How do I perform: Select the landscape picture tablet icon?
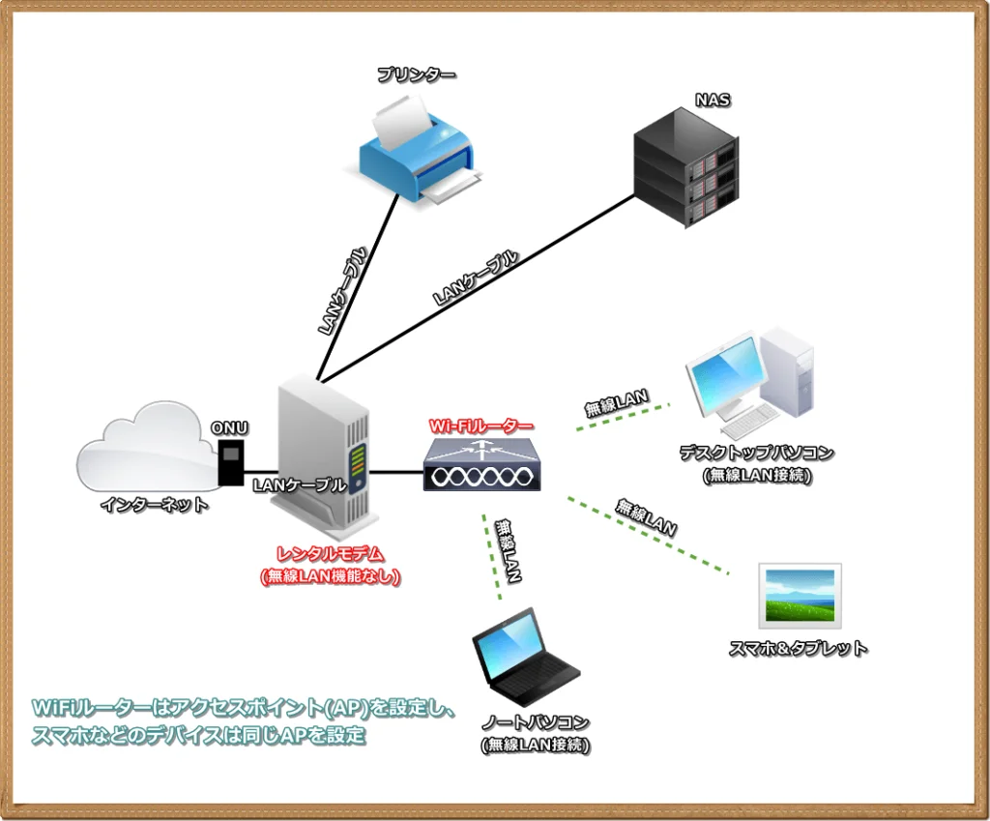click(x=800, y=596)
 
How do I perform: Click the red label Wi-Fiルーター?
click(x=480, y=425)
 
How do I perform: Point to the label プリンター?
click(x=417, y=74)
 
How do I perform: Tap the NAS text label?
click(x=708, y=100)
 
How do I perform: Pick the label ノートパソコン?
click(x=536, y=723)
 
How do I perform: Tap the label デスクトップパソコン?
click(x=756, y=452)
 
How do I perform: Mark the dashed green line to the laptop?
click(x=492, y=557)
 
